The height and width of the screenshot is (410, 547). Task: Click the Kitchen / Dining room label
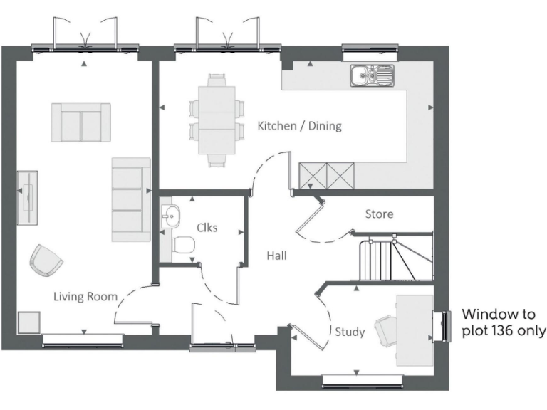click(x=299, y=126)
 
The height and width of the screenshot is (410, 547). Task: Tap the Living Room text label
click(x=85, y=296)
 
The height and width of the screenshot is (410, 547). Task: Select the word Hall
click(x=277, y=256)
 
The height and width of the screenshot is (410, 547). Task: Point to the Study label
click(x=350, y=332)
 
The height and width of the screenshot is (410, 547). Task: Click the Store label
click(x=379, y=214)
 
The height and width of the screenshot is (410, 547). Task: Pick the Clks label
click(x=207, y=228)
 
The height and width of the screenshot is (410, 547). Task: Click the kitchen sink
click(x=371, y=74)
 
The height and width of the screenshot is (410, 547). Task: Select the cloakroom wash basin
click(x=170, y=215)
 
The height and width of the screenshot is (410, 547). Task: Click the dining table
click(x=216, y=120)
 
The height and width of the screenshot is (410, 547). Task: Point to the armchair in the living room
click(x=46, y=260)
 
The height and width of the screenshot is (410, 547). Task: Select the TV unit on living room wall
click(x=28, y=197)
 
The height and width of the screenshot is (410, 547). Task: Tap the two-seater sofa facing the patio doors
click(x=80, y=122)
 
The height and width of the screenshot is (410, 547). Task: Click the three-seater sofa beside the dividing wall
click(x=130, y=199)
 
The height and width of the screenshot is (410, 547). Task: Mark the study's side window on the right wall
click(x=446, y=326)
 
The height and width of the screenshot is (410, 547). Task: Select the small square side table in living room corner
click(x=28, y=322)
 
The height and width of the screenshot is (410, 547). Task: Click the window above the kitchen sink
click(x=368, y=50)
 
